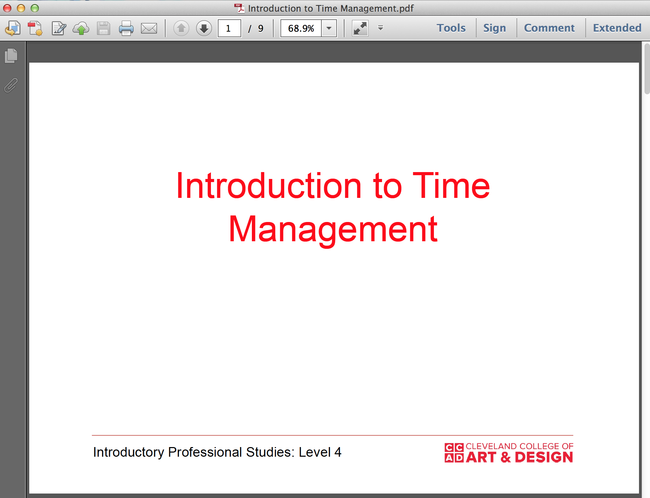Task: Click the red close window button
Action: [7, 8]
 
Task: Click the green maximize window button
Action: [35, 8]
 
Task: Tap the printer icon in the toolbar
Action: [126, 28]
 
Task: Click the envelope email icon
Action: [149, 28]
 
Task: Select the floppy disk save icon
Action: [103, 28]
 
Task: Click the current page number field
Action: [229, 28]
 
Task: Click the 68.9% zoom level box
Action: [301, 28]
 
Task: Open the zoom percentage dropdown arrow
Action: [329, 28]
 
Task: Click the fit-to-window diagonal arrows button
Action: [360, 28]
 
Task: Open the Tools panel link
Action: [451, 28]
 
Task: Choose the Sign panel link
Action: [494, 28]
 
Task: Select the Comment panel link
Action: [549, 28]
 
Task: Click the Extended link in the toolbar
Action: [617, 28]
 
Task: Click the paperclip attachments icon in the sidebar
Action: [11, 85]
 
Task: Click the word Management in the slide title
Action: [333, 229]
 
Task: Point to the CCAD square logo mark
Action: [454, 453]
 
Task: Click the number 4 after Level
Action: [338, 452]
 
